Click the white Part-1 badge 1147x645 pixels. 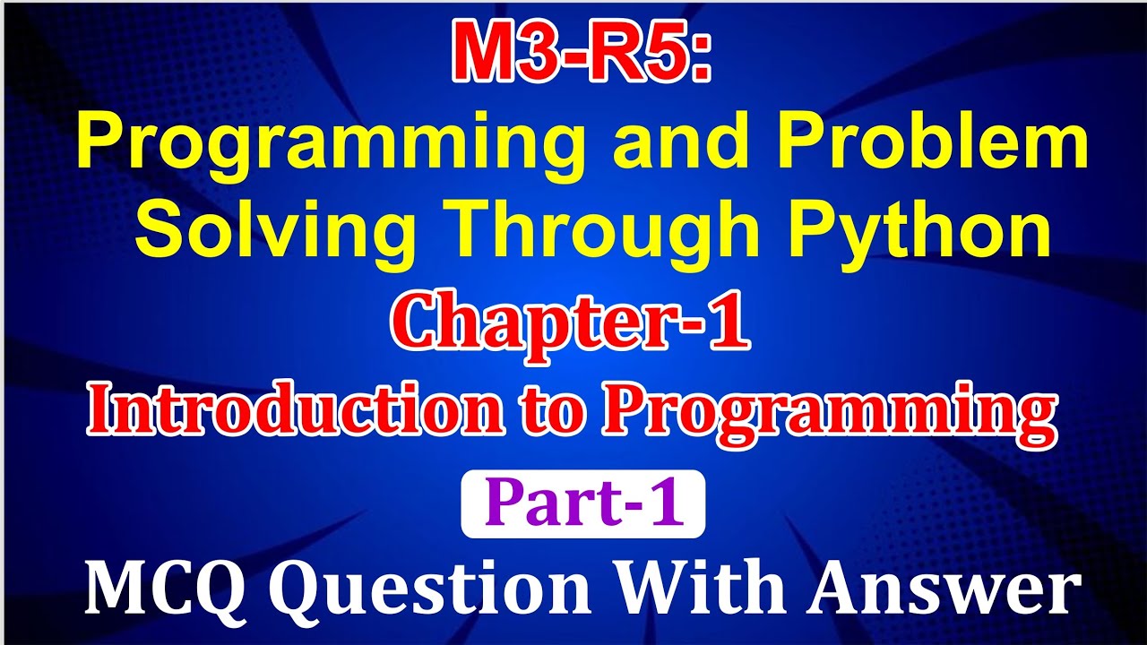coord(582,503)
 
